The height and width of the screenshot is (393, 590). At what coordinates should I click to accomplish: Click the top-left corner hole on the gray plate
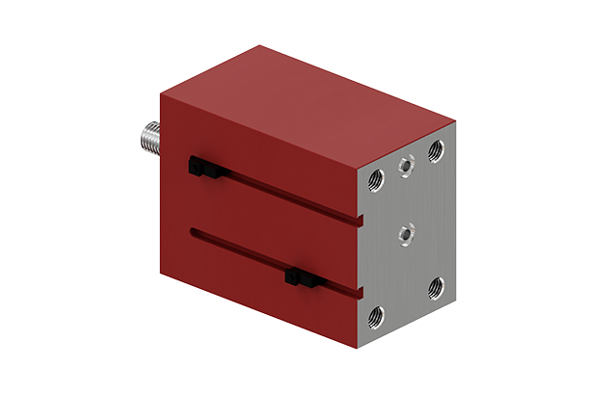pos(377,178)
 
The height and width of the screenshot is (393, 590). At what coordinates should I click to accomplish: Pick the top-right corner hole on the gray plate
pos(436,148)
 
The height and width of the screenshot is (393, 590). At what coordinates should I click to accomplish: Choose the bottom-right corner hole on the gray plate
pos(436,285)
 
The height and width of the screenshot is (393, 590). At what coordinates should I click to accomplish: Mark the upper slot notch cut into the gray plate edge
pos(361,221)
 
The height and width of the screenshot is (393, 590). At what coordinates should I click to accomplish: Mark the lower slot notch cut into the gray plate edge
pos(361,289)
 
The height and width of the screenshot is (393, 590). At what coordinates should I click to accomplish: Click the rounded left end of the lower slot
pos(195,231)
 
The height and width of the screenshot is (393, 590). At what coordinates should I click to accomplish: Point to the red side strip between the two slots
pos(270,226)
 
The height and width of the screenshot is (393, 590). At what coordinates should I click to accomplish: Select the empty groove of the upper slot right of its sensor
pos(289,196)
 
